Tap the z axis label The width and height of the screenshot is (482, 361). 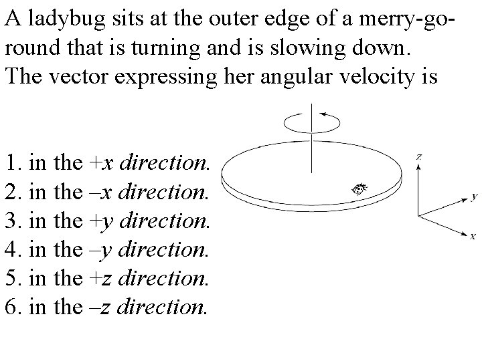coord(418,156)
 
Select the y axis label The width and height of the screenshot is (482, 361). coord(474,197)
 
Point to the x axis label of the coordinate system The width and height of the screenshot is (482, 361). coord(473,236)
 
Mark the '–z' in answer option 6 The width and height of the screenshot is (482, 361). coord(98,306)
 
